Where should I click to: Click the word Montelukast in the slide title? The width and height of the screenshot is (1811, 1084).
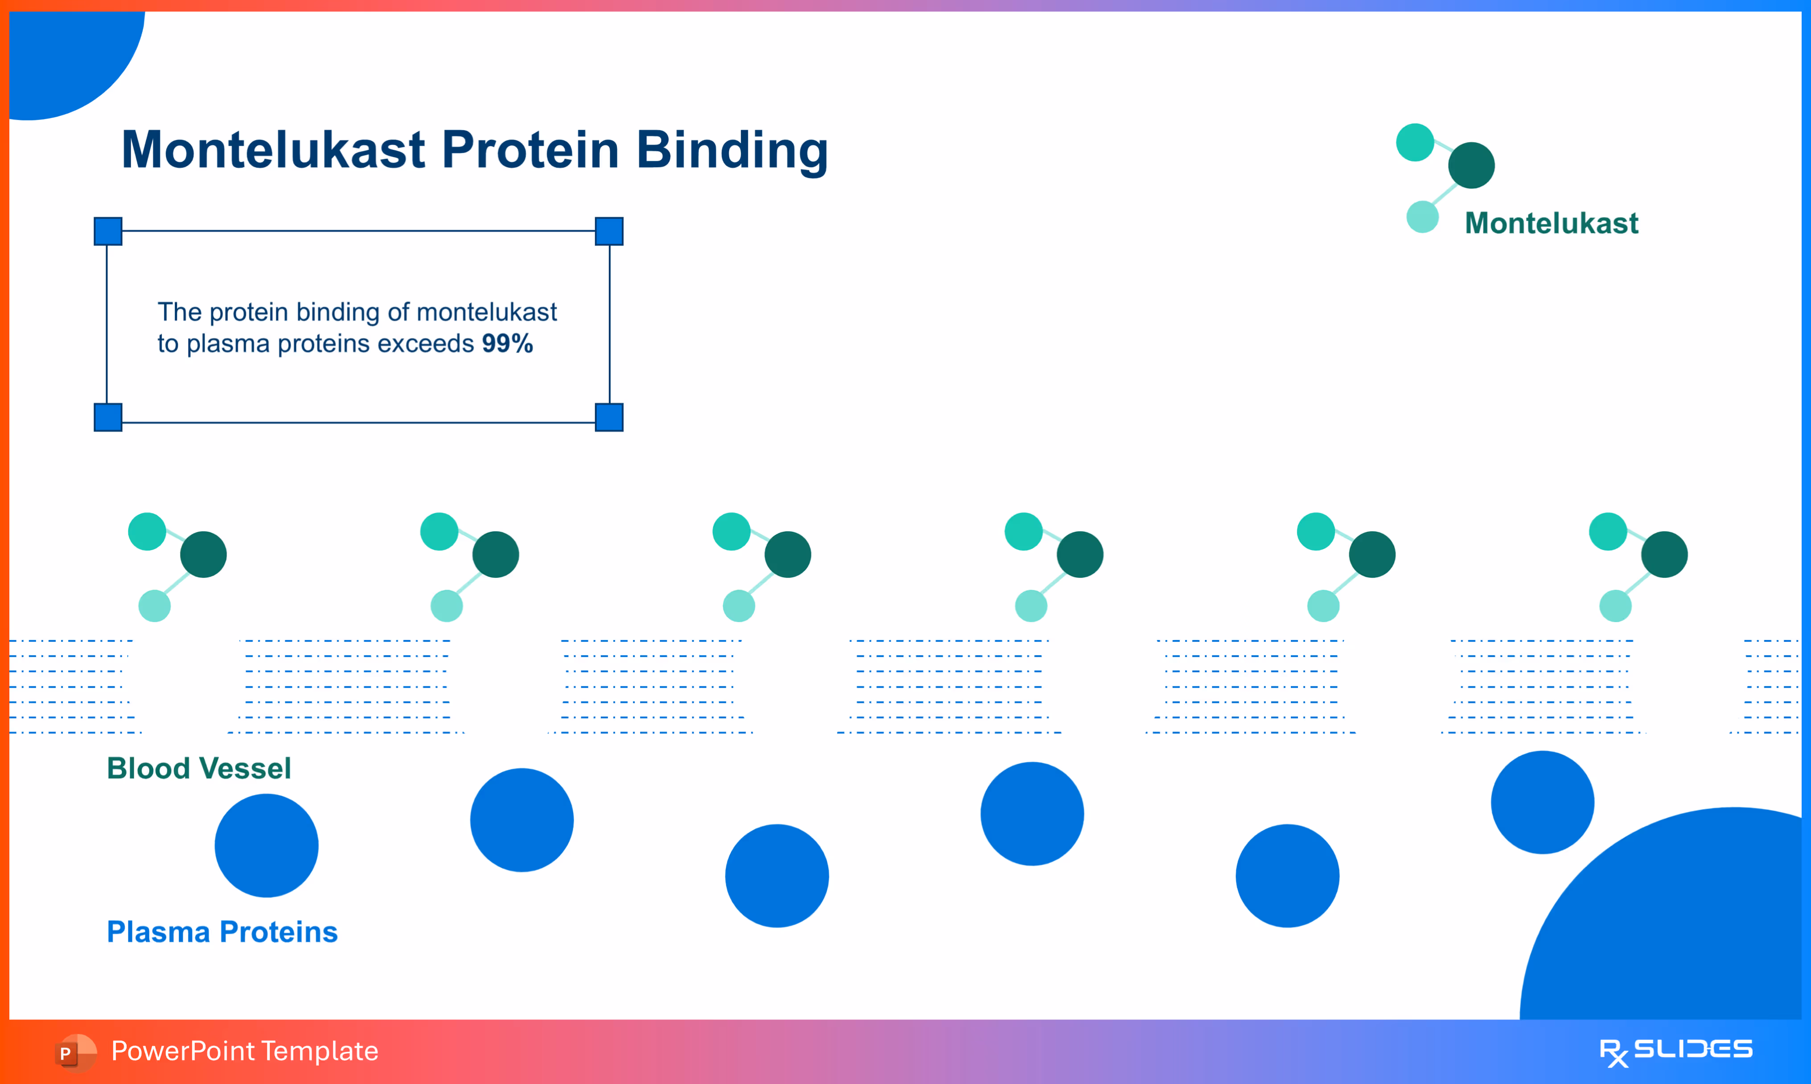tap(273, 150)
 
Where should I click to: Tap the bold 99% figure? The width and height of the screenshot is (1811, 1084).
tap(508, 343)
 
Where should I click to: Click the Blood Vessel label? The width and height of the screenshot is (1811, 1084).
tap(199, 768)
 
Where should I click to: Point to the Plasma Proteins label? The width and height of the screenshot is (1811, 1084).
tap(222, 932)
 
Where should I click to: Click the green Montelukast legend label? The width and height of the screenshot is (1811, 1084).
tap(1552, 223)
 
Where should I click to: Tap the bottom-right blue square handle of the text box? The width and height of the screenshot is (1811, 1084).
tap(609, 417)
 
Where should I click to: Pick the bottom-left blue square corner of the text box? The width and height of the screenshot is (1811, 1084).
tap(108, 417)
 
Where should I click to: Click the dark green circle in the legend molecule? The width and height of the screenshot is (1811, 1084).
tap(1471, 165)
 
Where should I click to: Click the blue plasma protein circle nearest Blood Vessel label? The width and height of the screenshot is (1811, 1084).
tap(267, 846)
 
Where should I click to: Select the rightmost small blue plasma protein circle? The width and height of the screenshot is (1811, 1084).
tap(1542, 802)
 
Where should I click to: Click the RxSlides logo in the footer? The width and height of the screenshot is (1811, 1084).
tap(1676, 1052)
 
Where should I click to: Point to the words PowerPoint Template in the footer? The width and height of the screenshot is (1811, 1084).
tap(245, 1051)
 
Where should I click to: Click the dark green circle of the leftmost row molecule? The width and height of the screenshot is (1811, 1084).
tap(204, 554)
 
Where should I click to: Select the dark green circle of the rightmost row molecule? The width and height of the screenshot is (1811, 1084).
tap(1664, 554)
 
